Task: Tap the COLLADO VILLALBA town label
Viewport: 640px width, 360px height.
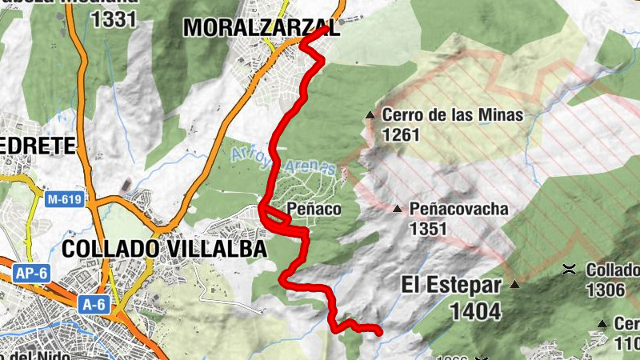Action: (x=164, y=249)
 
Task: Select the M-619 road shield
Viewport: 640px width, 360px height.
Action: (x=64, y=200)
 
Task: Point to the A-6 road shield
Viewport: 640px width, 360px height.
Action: (x=94, y=304)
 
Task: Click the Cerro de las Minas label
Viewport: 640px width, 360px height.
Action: (x=452, y=115)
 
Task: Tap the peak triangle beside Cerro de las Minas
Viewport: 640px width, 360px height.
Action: (x=370, y=115)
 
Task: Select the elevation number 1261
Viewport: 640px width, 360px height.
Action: (x=401, y=134)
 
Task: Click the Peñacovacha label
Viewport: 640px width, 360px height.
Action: (x=458, y=210)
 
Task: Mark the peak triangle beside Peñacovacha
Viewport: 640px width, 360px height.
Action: (x=398, y=210)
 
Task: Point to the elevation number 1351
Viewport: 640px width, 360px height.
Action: (x=428, y=229)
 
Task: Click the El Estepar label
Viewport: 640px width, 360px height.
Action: (x=452, y=286)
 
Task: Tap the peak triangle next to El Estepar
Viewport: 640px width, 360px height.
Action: (x=516, y=284)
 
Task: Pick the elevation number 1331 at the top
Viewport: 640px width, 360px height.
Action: (x=114, y=20)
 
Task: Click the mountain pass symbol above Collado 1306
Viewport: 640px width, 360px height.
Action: (x=569, y=270)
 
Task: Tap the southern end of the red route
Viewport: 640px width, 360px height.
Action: (x=380, y=330)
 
